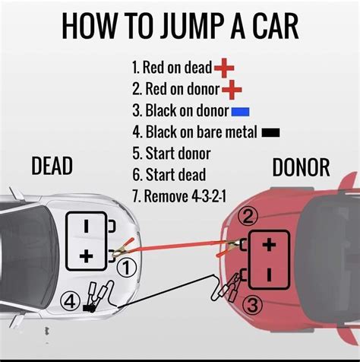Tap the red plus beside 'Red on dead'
tap(225, 69)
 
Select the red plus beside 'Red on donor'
tap(232, 90)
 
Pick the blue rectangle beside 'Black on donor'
tap(241, 112)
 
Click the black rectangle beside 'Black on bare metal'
tap(270, 132)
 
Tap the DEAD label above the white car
tap(53, 166)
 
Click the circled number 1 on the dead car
tap(128, 267)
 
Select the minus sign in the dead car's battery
tap(86, 226)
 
